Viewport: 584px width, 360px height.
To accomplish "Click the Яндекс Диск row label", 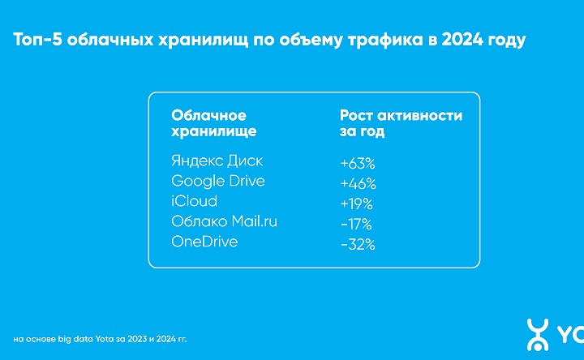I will point(217,161).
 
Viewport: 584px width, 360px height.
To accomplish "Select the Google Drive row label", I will point(218,181).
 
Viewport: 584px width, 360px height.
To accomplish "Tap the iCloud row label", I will point(195,201).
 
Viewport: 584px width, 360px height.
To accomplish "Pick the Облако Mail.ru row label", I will point(225,221).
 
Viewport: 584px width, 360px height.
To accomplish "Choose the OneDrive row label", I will point(204,242).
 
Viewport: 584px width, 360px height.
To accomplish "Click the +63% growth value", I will point(357,164).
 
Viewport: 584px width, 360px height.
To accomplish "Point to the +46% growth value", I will point(357,183).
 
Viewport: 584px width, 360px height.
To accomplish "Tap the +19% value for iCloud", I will point(357,204).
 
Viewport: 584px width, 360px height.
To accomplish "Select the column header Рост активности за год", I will point(400,122).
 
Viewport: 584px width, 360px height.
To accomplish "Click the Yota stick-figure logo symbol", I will point(537,334).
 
